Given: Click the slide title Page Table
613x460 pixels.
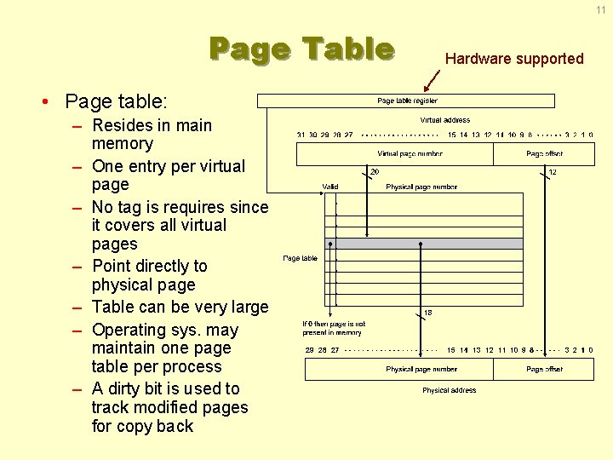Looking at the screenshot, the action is [301, 49].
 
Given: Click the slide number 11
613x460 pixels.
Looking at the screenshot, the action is [600, 9].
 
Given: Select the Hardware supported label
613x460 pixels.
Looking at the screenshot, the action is [514, 59].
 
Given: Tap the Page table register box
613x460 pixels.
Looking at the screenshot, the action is [407, 101].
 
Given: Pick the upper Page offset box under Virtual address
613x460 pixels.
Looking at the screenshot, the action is [544, 154].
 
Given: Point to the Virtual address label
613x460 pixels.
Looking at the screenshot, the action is [444, 120].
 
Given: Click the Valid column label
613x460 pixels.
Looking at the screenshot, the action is [329, 187].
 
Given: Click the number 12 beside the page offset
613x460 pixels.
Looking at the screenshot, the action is [552, 171].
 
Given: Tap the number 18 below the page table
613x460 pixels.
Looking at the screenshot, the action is [427, 313].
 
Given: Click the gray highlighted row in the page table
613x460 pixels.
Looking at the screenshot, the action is [424, 244].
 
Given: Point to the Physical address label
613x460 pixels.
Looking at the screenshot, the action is [450, 390].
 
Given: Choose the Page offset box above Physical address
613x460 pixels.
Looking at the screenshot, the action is [544, 370].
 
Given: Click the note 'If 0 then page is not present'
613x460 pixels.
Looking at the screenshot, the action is [333, 328].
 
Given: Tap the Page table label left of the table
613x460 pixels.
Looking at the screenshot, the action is [300, 258].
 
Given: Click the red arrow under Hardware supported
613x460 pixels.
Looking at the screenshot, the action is [433, 80].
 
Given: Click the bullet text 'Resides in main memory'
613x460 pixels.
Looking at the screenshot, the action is [152, 135].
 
